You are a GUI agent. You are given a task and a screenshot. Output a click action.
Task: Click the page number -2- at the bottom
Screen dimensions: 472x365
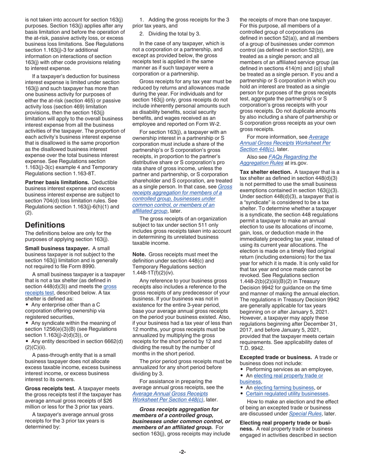(x=182, y=452)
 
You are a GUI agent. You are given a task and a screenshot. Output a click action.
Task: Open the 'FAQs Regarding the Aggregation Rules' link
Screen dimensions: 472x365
(x=278, y=159)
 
